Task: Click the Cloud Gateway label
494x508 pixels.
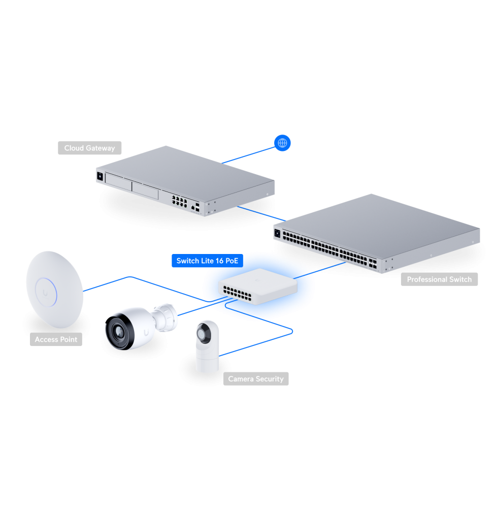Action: [90, 148]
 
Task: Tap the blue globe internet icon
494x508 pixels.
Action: [282, 143]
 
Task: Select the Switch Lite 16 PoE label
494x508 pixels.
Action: [207, 261]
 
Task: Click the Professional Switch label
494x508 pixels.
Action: [439, 279]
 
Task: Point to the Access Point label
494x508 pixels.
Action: [56, 339]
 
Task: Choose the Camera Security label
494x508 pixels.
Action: [256, 379]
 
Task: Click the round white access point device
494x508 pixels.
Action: [54, 290]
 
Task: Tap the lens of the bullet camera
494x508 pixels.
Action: [119, 332]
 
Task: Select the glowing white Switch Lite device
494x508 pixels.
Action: [258, 287]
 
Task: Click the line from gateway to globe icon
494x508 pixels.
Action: [248, 155]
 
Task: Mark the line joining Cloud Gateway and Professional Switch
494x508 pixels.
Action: [261, 214]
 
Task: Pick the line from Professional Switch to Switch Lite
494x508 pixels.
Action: [320, 271]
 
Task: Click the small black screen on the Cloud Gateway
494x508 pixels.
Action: [100, 177]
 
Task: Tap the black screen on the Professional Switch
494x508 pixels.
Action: [277, 233]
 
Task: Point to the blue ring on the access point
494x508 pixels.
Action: [46, 292]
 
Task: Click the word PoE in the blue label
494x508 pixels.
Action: [232, 261]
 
